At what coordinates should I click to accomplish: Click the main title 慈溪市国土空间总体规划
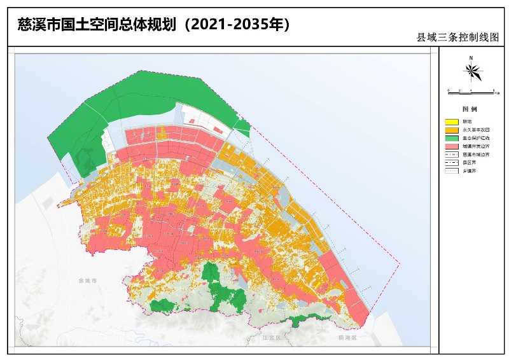click(95, 25)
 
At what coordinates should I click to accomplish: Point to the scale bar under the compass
click(471, 91)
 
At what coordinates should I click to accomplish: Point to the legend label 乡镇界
click(469, 170)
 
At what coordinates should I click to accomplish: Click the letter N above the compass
click(471, 58)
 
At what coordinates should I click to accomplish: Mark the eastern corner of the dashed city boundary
click(400, 261)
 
